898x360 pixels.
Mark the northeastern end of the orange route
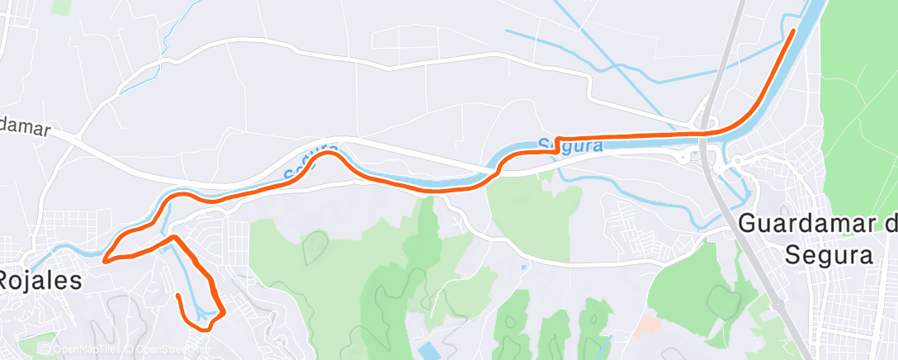click(793, 31)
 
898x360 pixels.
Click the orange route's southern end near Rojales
click(178, 295)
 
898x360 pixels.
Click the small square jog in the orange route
click(559, 144)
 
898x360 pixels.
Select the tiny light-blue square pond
click(523, 267)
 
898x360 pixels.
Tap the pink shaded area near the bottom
click(648, 326)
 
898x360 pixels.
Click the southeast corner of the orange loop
click(223, 312)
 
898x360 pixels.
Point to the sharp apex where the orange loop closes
click(173, 237)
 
